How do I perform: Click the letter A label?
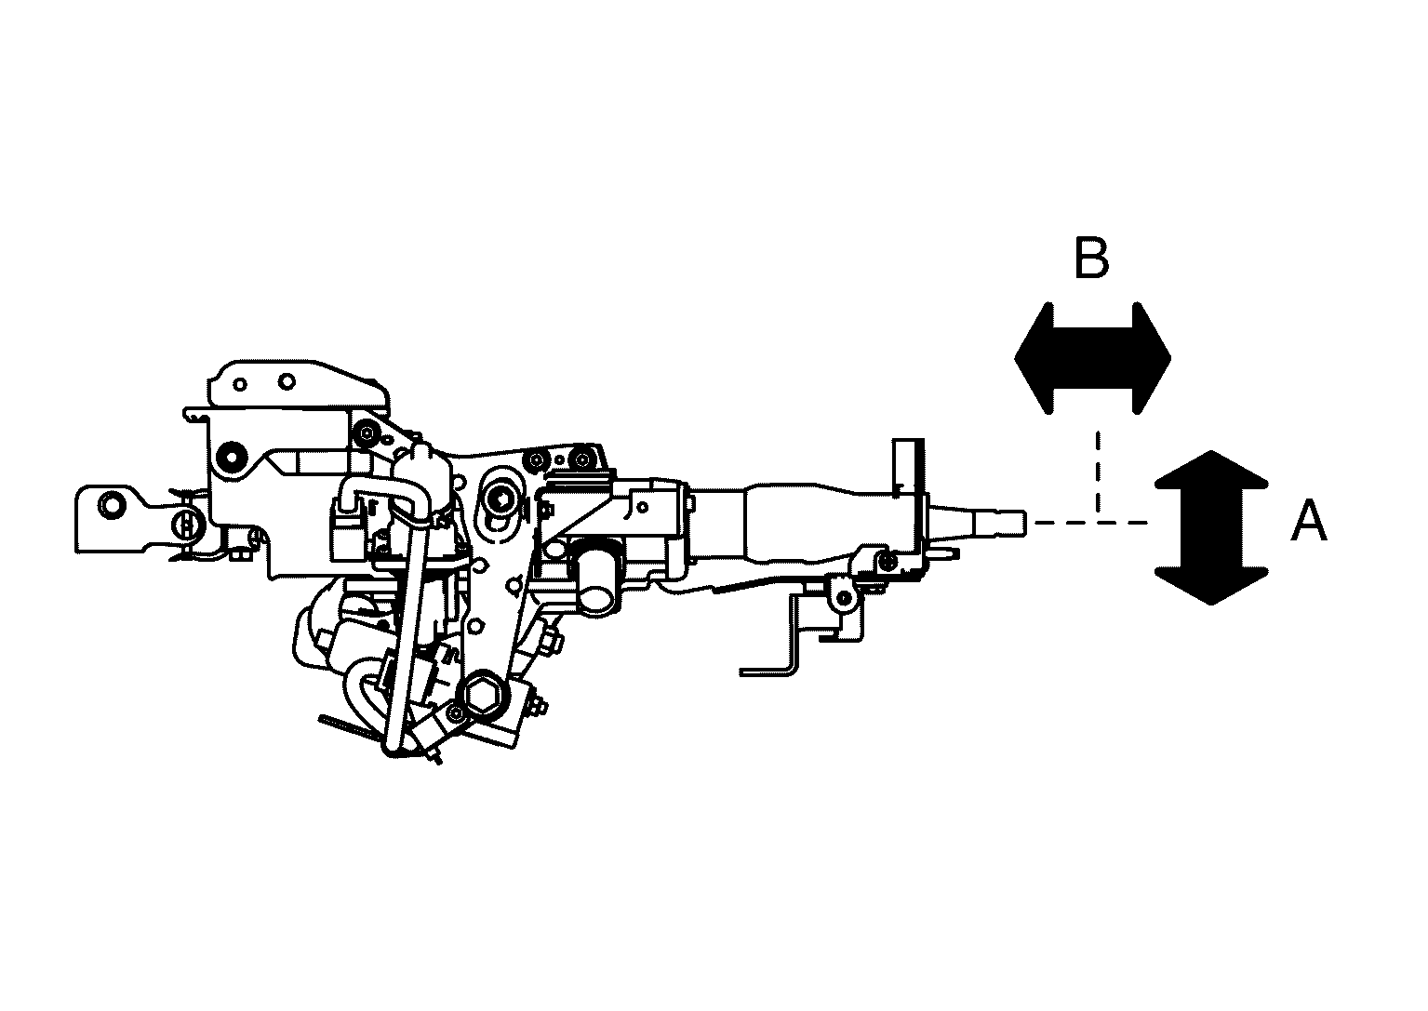tap(1308, 521)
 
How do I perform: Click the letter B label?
tap(1091, 258)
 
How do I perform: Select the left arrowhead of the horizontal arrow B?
tap(1033, 358)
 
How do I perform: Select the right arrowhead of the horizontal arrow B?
tap(1152, 358)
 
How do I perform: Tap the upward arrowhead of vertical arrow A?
tap(1211, 471)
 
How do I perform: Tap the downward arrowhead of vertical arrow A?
tap(1211, 585)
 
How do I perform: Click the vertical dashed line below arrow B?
tap(1098, 472)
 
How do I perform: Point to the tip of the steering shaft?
tap(1025, 522)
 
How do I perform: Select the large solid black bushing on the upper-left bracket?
tap(232, 457)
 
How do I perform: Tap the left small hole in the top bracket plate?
tap(240, 384)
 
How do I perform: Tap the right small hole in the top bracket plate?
tap(287, 382)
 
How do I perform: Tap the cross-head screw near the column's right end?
tap(887, 561)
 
